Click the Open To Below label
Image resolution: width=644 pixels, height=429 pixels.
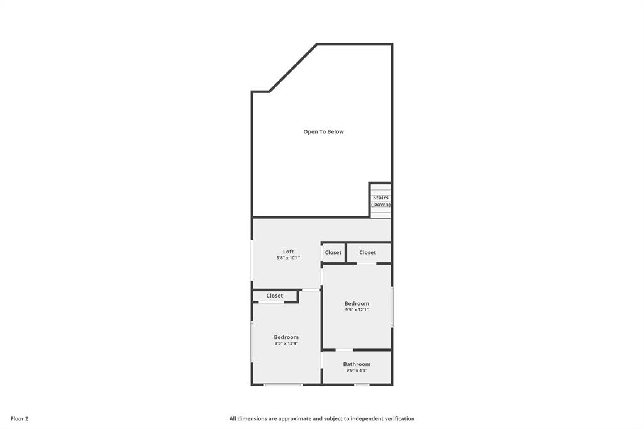pos(323,132)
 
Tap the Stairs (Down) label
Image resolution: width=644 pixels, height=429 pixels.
pos(380,201)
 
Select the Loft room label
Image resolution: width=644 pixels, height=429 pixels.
pos(288,252)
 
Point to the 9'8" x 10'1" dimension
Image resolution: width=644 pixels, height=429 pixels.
pos(288,258)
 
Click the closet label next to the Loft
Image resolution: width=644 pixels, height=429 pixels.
pos(333,253)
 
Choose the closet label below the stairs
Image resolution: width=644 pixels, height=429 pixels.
pos(367,253)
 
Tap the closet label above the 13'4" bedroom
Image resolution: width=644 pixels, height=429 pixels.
pos(274,296)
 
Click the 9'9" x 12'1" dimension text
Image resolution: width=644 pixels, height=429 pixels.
pos(357,310)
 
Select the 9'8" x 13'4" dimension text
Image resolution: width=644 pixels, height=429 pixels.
pos(286,343)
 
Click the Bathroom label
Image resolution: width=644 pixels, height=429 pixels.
pos(357,364)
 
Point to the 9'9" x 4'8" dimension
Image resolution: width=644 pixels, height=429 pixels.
pos(357,370)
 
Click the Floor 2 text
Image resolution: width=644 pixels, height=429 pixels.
pos(19,419)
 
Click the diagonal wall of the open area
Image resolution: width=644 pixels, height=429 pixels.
pos(293,68)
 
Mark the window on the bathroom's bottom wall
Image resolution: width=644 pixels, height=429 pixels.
pos(362,384)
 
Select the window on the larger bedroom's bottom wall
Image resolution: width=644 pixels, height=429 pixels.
pos(283,384)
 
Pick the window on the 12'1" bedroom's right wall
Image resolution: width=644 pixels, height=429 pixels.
pos(392,306)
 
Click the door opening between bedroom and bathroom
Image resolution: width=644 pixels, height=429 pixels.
pos(344,350)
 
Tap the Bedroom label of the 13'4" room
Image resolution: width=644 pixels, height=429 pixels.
pos(286,337)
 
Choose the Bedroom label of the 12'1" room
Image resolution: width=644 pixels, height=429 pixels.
pos(357,304)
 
